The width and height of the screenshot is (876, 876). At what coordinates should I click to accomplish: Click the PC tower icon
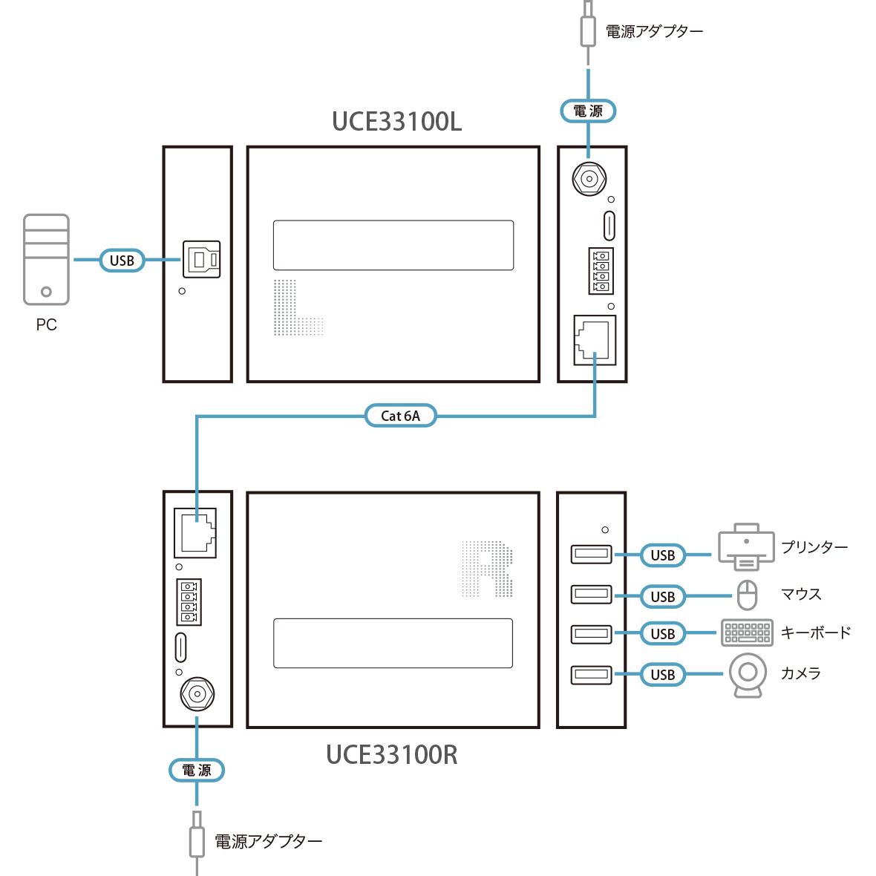tap(46, 259)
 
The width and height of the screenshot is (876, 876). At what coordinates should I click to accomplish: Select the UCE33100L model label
tap(396, 122)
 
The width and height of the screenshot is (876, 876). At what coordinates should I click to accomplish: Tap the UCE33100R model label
tap(392, 755)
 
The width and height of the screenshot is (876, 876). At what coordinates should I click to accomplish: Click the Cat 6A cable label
tap(400, 416)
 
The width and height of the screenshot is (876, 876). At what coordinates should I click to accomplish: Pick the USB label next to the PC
tap(122, 261)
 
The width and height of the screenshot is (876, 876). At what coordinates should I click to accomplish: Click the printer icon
tap(746, 547)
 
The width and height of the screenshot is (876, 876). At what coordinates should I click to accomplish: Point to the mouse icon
tap(747, 595)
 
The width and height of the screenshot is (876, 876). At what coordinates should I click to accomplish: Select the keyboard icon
tap(747, 633)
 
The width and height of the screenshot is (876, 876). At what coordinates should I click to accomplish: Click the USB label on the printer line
tap(662, 555)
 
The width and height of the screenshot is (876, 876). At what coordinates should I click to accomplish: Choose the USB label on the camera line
tap(662, 675)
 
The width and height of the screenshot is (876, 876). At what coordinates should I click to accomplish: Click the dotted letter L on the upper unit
tap(297, 307)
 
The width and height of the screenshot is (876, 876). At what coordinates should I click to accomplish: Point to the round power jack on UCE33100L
tap(589, 179)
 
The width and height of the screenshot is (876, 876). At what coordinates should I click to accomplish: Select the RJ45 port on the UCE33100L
tap(594, 340)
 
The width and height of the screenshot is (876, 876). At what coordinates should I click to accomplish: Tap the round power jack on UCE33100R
tap(197, 695)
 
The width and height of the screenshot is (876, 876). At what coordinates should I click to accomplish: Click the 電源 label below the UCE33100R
tap(197, 771)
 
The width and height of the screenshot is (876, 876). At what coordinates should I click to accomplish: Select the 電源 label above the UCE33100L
tap(588, 111)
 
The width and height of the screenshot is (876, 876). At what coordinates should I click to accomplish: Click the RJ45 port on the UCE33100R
tap(195, 532)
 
